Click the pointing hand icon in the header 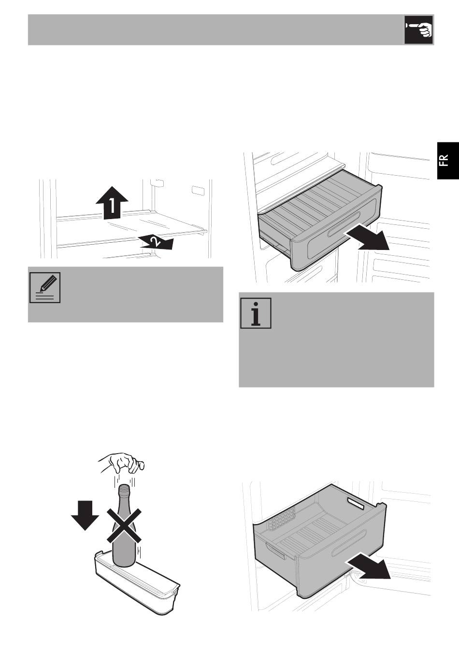click(419, 30)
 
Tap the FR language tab click(448, 161)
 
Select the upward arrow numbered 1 click(112, 203)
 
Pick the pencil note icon click(45, 288)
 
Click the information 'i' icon click(256, 313)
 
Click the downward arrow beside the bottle click(85, 515)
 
